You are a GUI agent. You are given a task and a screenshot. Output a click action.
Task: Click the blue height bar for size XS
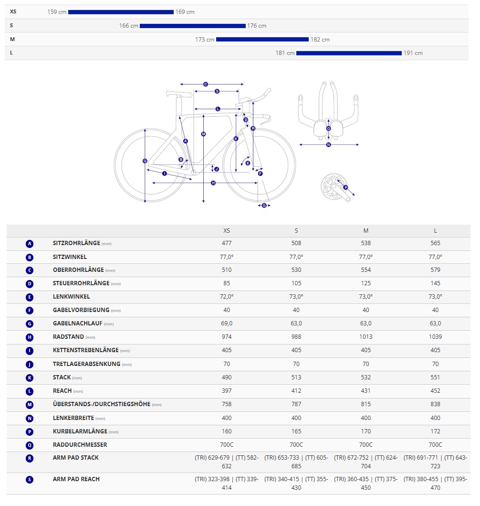pyautogui.click(x=121, y=12)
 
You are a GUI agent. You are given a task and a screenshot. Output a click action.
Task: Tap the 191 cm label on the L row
pyautogui.click(x=413, y=53)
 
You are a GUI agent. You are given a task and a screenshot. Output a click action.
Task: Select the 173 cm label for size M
pyautogui.click(x=205, y=40)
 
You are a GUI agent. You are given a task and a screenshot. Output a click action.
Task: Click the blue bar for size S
pyautogui.click(x=192, y=26)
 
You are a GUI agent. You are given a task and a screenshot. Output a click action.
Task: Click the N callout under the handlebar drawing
pyautogui.click(x=328, y=144)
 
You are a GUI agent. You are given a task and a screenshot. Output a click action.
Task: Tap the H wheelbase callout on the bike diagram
pyautogui.click(x=213, y=183)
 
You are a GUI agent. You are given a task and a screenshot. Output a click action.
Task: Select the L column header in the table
pyautogui.click(x=435, y=231)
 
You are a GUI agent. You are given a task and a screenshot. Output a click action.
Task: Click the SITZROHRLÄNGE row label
pyautogui.click(x=76, y=243)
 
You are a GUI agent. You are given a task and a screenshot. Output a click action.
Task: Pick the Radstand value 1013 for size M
pyautogui.click(x=366, y=337)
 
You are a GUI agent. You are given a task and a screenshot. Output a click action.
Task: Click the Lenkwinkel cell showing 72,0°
pyautogui.click(x=227, y=297)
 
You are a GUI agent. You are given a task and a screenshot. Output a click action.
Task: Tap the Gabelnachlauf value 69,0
pyautogui.click(x=227, y=323)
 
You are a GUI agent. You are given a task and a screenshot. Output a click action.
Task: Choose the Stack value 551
pyautogui.click(x=435, y=377)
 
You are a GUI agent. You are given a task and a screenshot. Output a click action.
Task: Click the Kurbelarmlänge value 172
pyautogui.click(x=435, y=431)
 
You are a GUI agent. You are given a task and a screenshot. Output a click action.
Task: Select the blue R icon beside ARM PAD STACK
pyautogui.click(x=30, y=458)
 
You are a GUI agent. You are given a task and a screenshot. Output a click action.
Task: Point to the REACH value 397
pyautogui.click(x=227, y=391)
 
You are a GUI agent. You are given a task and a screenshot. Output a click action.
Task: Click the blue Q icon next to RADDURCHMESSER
pyautogui.click(x=30, y=445)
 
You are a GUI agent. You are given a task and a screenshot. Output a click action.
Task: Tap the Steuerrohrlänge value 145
pyautogui.click(x=435, y=283)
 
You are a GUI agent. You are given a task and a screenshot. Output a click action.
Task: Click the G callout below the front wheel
pyautogui.click(x=264, y=205)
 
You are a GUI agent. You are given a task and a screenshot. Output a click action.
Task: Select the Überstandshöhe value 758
pyautogui.click(x=227, y=404)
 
